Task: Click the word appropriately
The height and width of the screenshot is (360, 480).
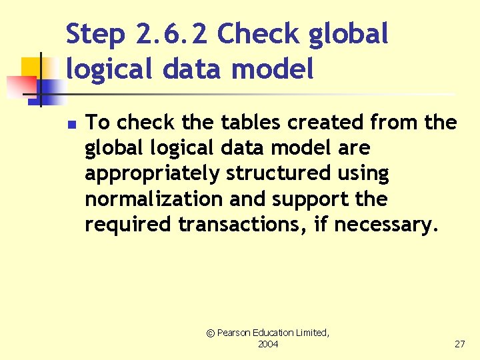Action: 152,173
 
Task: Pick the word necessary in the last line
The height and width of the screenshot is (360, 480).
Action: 387,225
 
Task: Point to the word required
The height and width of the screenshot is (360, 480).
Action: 128,225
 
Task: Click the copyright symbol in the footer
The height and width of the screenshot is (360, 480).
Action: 211,333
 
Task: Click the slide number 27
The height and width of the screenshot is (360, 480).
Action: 459,344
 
